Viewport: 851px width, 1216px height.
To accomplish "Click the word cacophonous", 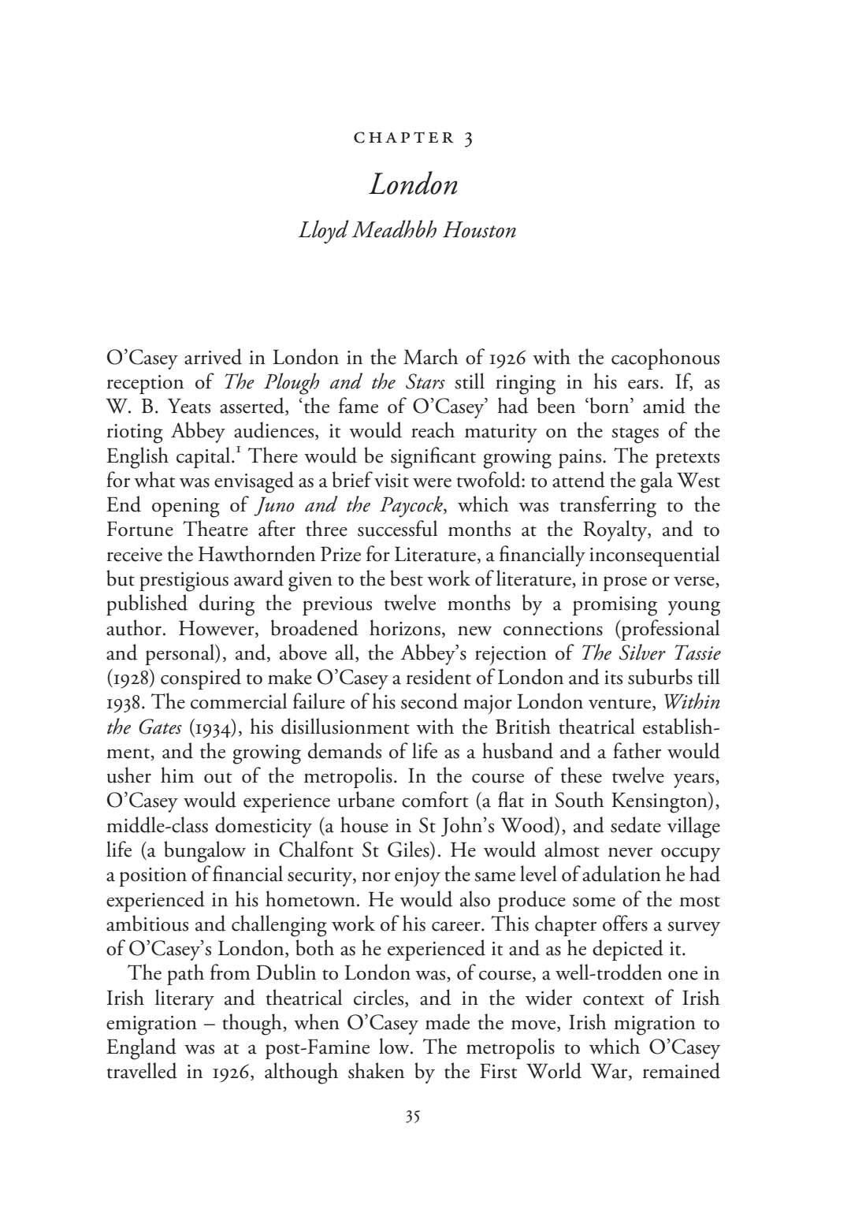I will pyautogui.click(x=659, y=359).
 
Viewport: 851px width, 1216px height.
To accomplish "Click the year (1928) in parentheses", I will pyautogui.click(x=128, y=678).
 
